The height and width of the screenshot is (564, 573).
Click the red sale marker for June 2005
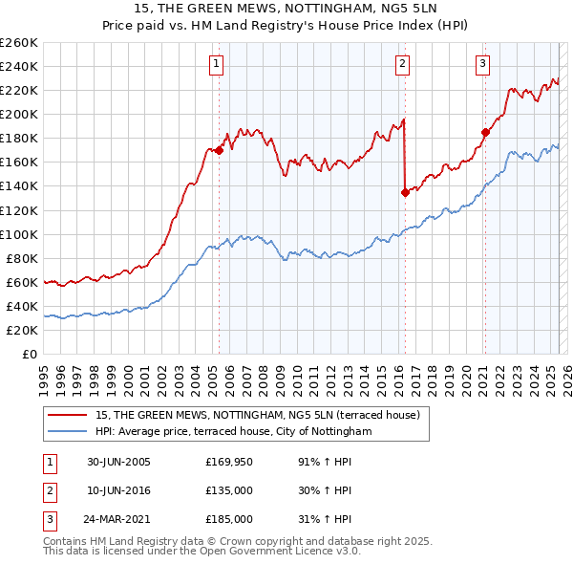pos(220,149)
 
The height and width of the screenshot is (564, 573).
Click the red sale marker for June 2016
pos(405,191)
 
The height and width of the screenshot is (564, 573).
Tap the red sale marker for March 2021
pos(485,132)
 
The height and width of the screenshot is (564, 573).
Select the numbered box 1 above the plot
pos(218,64)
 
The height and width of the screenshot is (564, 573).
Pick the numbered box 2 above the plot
pos(402,64)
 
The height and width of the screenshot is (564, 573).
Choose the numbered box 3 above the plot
pos(483,64)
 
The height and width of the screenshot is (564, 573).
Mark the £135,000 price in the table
pos(229,490)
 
